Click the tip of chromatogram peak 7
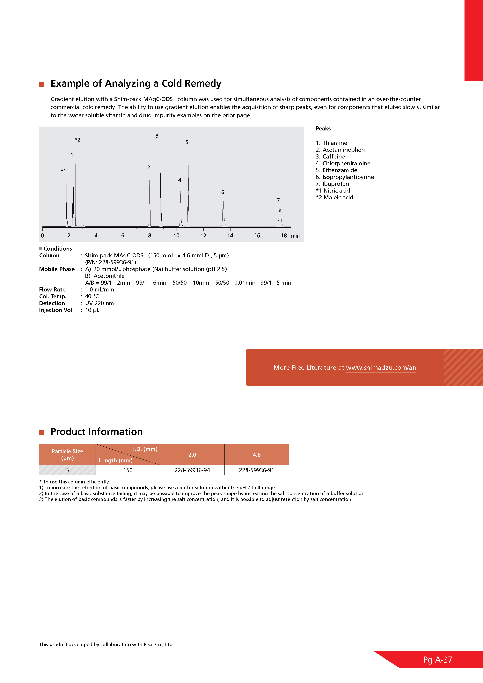click(280, 209)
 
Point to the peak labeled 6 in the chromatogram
click(223, 202)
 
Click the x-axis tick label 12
click(203, 236)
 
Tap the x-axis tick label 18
click(284, 236)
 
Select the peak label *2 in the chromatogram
click(78, 140)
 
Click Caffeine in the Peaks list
click(333, 157)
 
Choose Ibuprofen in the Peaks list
click(335, 184)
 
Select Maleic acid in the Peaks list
click(338, 198)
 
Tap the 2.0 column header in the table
click(192, 455)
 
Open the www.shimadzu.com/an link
click(381, 368)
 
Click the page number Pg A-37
click(437, 660)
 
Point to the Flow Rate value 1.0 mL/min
click(99, 290)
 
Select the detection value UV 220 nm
click(99, 303)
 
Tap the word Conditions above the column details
click(58, 249)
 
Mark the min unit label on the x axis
click(295, 236)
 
